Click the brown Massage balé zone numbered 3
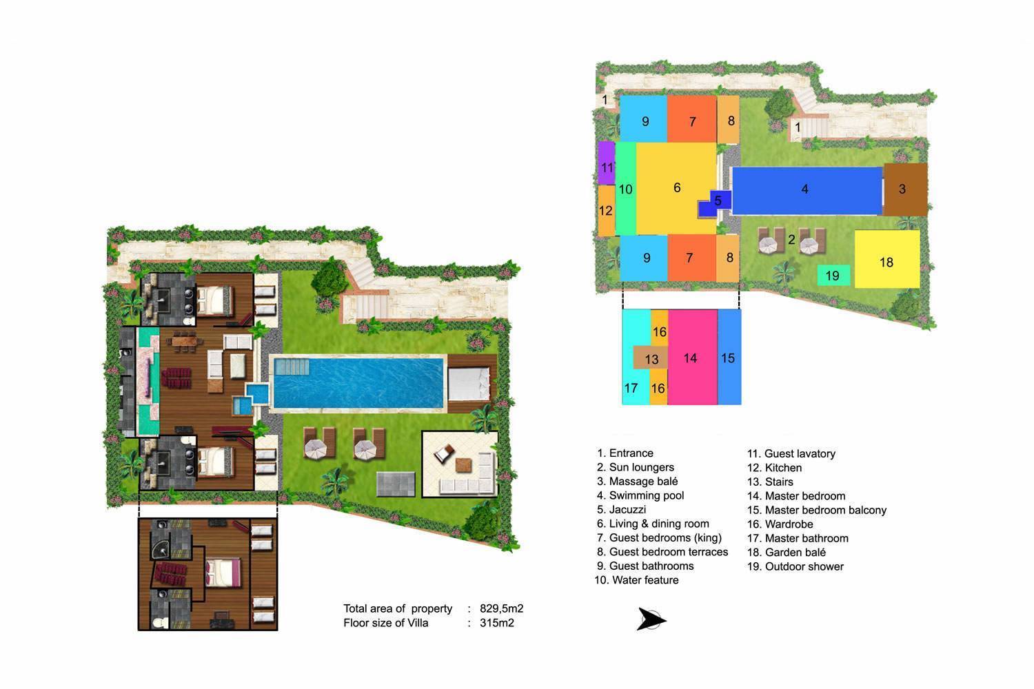click(904, 189)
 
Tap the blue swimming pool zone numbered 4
click(805, 189)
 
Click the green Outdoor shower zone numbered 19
click(833, 276)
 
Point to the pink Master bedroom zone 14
click(691, 357)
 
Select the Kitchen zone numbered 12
click(606, 211)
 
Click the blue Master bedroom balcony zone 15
click(729, 357)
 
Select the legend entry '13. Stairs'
click(770, 482)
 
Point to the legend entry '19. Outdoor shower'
click(795, 566)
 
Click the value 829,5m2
click(501, 608)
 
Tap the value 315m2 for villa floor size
click(496, 623)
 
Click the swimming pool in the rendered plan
click(358, 382)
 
